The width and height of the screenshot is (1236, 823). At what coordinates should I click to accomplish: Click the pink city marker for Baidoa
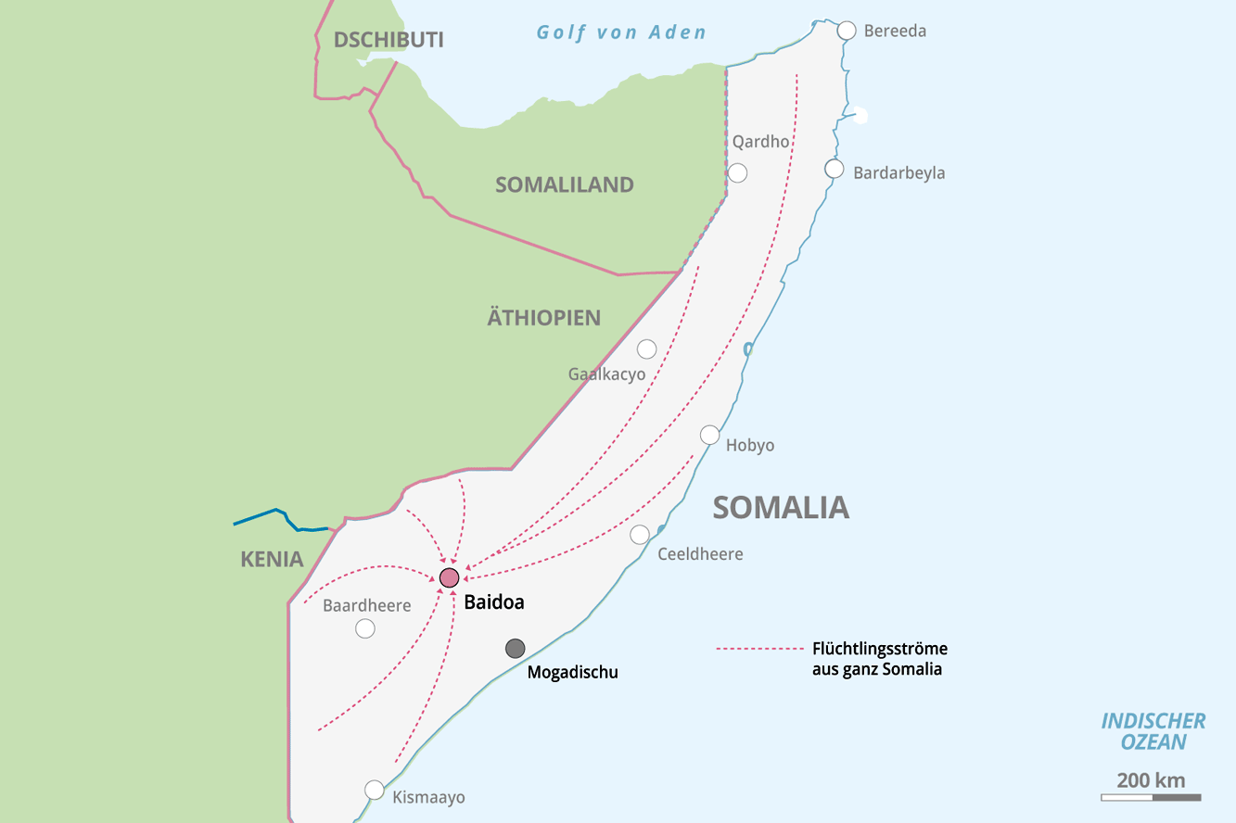tap(449, 578)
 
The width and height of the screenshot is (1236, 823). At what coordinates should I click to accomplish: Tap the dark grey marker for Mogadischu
tap(515, 649)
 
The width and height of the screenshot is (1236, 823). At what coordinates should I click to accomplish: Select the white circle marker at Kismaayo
tap(375, 790)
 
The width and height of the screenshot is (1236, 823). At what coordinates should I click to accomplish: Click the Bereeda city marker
tap(847, 31)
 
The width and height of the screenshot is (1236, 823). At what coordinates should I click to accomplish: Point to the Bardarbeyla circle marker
tap(835, 169)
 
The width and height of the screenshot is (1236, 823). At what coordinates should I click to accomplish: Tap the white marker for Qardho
tap(737, 172)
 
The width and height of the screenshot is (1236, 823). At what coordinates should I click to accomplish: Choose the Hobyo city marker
tap(709, 435)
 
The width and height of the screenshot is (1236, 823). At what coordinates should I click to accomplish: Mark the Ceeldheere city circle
tap(640, 535)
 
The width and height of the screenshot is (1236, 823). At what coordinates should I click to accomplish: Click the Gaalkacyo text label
tap(606, 374)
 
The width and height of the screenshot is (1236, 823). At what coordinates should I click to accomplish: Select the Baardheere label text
tap(366, 605)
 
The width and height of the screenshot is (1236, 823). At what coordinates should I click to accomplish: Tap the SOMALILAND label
tap(564, 184)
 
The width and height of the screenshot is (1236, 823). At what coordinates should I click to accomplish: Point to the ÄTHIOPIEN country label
tap(544, 318)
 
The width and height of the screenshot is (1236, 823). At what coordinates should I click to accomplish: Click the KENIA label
tap(272, 559)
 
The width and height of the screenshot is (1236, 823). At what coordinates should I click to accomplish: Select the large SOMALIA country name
tap(781, 507)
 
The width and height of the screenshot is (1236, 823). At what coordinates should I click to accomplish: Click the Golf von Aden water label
tap(621, 32)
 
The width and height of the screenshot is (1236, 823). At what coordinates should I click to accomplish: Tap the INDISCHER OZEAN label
tap(1153, 731)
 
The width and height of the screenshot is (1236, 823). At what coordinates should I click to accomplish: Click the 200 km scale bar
tap(1151, 797)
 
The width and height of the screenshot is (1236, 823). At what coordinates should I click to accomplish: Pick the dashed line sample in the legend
tap(757, 649)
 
